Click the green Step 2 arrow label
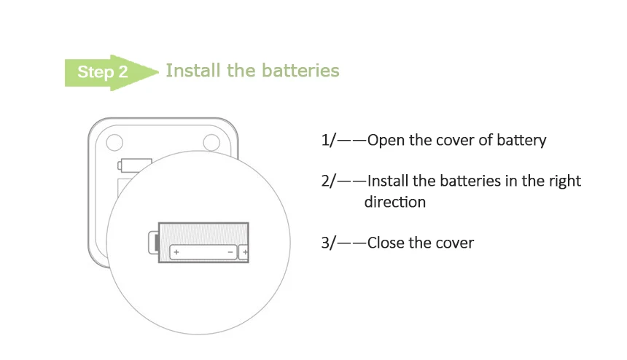pos(109,72)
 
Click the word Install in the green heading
pos(189,71)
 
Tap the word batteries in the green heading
pos(303,71)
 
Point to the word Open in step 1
pos(385,140)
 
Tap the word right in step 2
pos(565,181)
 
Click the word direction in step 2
pos(394,202)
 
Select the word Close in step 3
pos(386,243)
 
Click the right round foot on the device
pos(211,140)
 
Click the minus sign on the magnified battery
pos(230,252)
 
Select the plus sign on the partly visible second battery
pos(245,252)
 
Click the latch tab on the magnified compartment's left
pos(153,242)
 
